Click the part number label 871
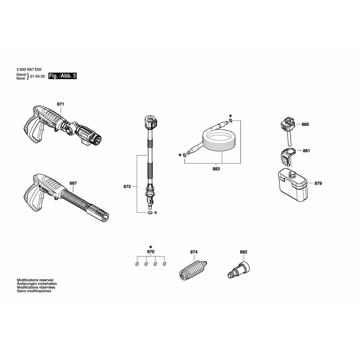click(60, 104)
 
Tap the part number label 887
click(73, 183)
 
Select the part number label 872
click(127, 186)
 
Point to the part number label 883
click(216, 168)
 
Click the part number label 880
click(305, 124)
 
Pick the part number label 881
click(306, 151)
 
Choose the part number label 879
click(318, 183)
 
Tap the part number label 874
click(194, 252)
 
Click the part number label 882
click(243, 252)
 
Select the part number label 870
click(150, 252)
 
